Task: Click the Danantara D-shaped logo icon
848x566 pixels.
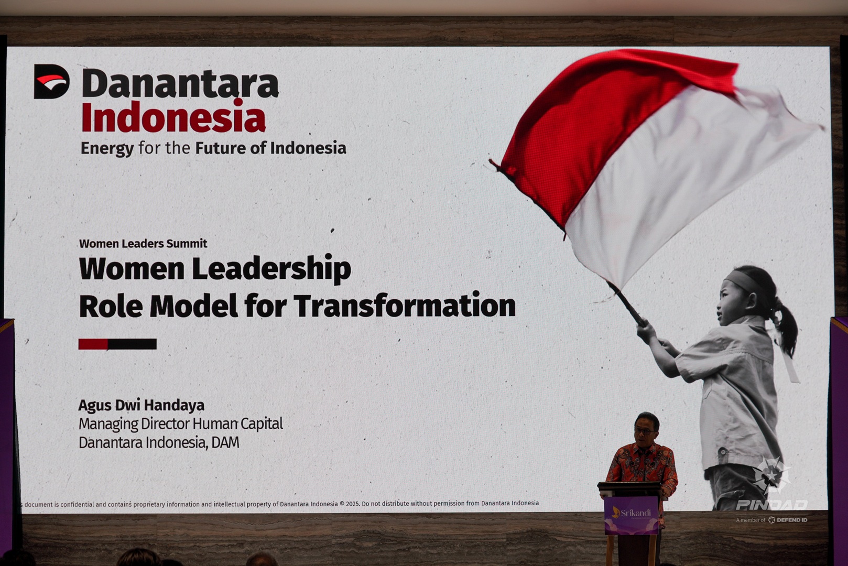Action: point(51,81)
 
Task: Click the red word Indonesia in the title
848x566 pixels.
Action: point(174,117)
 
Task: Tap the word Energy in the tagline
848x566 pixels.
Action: point(107,148)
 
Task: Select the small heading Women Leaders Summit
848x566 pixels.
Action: point(143,244)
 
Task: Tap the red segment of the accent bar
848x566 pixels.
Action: point(93,344)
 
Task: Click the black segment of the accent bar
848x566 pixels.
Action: point(132,344)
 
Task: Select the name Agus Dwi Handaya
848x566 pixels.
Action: point(141,406)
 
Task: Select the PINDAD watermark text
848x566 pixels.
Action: point(771,505)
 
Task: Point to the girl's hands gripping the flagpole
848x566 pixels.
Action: point(648,332)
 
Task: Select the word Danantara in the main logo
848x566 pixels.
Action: point(180,83)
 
